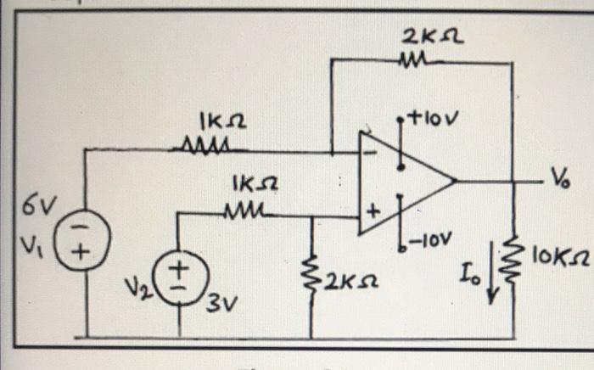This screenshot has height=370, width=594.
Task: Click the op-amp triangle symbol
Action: tap(403, 180)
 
